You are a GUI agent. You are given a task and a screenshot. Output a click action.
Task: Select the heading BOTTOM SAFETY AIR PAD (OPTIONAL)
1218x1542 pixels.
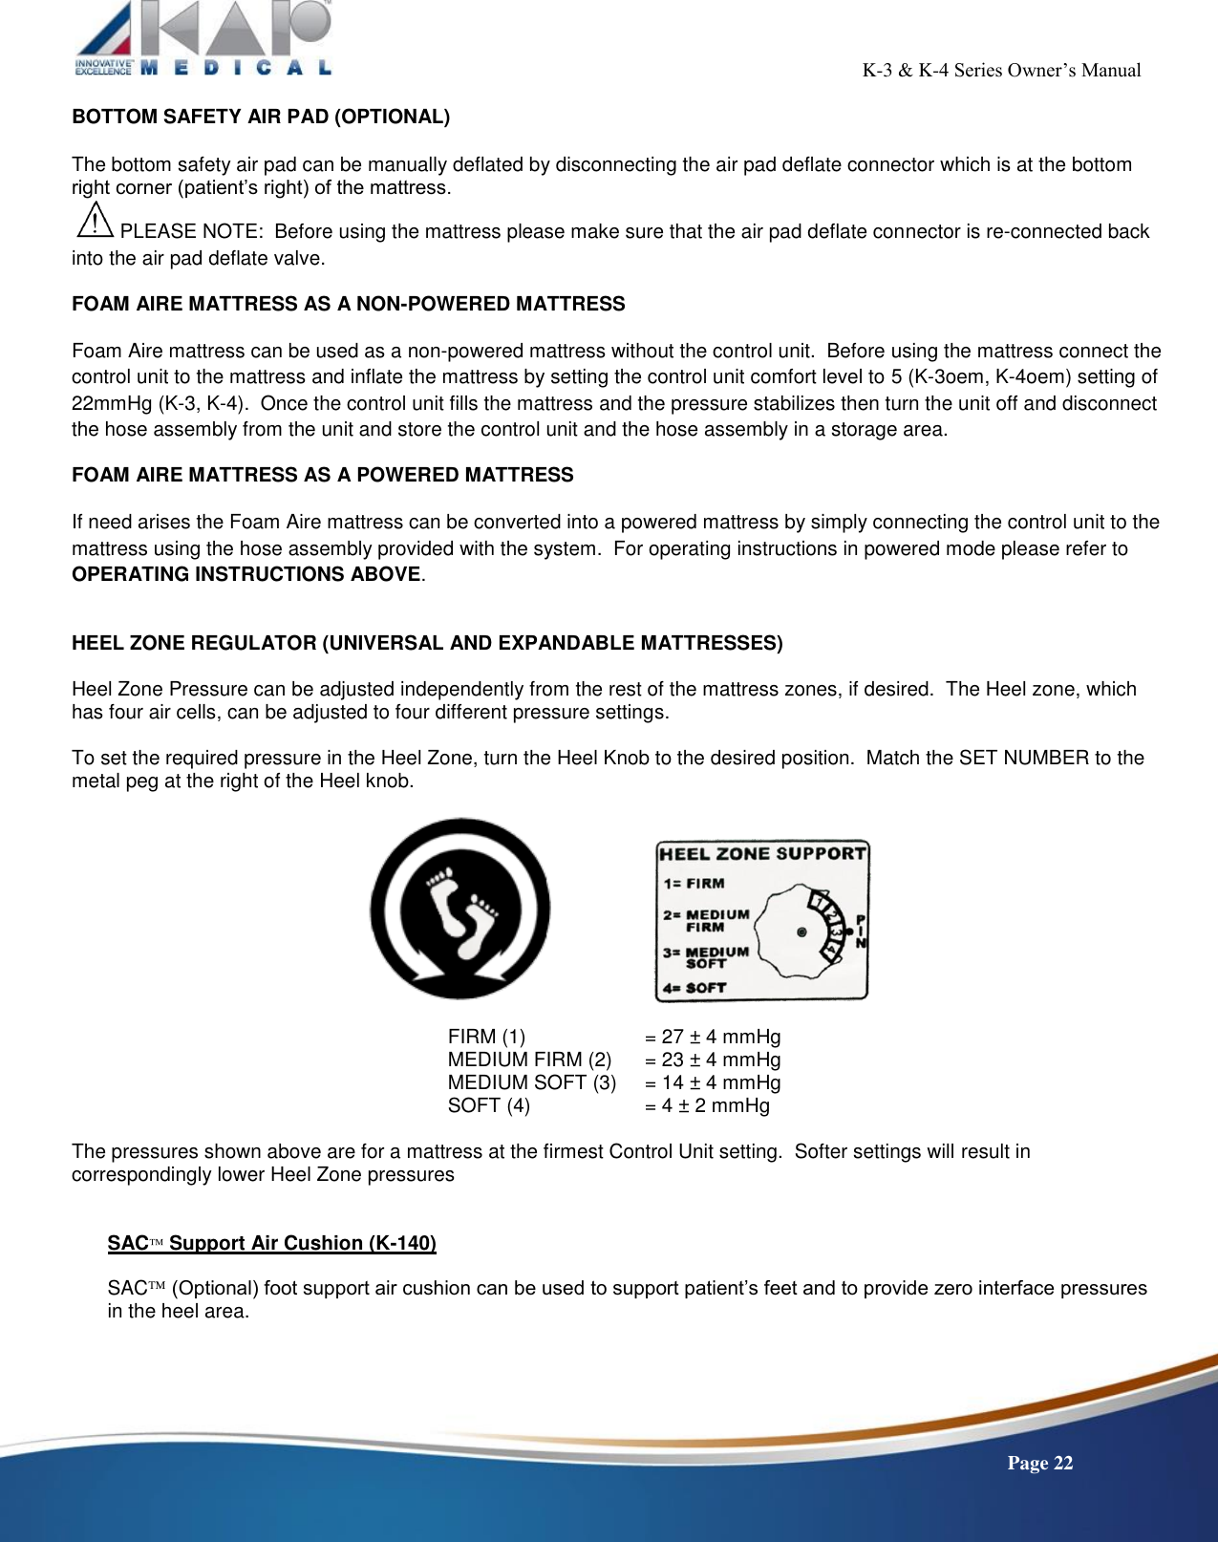pyautogui.click(x=261, y=117)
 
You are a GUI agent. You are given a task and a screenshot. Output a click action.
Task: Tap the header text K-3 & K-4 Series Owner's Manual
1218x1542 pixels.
pyautogui.click(x=1001, y=70)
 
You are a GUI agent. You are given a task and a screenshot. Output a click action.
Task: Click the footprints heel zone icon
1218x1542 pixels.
pyautogui.click(x=460, y=909)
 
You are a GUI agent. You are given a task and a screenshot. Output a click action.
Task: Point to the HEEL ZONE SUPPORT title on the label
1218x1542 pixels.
pyautogui.click(x=761, y=853)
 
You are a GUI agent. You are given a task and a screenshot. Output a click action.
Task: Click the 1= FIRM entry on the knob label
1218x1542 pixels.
pyautogui.click(x=694, y=884)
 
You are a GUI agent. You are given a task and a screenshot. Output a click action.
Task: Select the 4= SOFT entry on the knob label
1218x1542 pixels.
pyautogui.click(x=694, y=988)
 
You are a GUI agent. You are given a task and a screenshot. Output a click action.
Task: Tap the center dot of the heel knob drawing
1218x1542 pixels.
pyautogui.click(x=801, y=932)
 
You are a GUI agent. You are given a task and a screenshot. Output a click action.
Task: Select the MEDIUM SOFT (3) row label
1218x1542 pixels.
pyautogui.click(x=532, y=1082)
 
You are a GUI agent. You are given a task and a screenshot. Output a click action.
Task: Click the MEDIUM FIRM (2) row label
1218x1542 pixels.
pyautogui.click(x=529, y=1060)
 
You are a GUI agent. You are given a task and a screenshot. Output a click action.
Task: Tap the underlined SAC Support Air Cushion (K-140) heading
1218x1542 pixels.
pyautogui.click(x=271, y=1243)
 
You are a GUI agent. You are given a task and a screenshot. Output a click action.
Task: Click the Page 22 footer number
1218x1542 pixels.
pyautogui.click(x=1039, y=1464)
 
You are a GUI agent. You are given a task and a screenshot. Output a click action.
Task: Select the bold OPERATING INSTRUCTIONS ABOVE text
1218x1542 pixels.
pyautogui.click(x=246, y=574)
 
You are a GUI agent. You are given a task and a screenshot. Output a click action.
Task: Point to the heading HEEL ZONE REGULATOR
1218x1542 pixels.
pyautogui.click(x=427, y=643)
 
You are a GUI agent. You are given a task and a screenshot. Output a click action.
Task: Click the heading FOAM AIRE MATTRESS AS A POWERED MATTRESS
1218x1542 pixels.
pyautogui.click(x=323, y=475)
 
